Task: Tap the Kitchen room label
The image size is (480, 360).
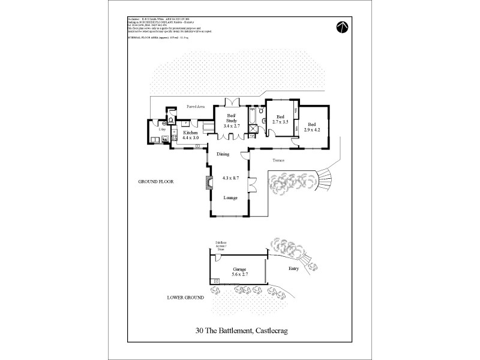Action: click(x=191, y=133)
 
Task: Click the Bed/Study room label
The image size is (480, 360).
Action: click(x=231, y=118)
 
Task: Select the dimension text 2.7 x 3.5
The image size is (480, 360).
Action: click(x=280, y=122)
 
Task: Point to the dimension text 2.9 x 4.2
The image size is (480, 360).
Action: click(x=313, y=130)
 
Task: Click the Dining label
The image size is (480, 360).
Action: click(x=223, y=155)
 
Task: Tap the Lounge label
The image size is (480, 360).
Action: click(x=230, y=197)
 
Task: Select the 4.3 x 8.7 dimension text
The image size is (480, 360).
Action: click(x=230, y=178)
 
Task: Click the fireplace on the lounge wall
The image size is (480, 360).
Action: click(x=209, y=183)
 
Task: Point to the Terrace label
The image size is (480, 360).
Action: click(x=278, y=161)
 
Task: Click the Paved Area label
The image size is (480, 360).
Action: click(x=196, y=106)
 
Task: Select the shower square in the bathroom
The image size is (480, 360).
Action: click(x=254, y=125)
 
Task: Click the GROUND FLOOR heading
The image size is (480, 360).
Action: click(x=156, y=181)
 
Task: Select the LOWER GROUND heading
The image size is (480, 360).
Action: click(x=185, y=298)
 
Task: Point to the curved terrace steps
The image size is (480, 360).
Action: click(x=328, y=178)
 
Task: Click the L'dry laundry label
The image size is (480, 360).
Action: click(x=161, y=129)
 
